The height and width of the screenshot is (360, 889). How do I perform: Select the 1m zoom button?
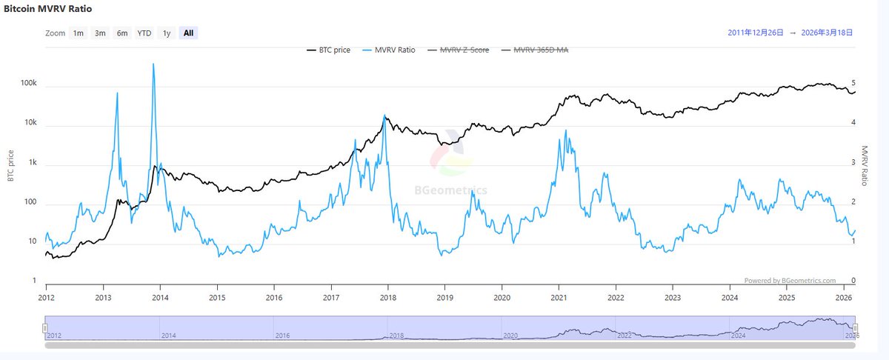[78, 33]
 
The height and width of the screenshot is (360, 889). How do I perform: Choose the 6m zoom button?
[121, 33]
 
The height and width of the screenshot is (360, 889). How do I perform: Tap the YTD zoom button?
[144, 33]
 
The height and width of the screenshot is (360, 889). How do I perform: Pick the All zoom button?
[189, 33]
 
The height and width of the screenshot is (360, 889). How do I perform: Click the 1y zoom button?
[167, 33]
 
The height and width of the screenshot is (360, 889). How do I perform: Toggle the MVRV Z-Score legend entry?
[464, 50]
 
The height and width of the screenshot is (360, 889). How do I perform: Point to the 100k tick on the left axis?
[27, 84]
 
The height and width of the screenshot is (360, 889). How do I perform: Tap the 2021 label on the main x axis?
[559, 297]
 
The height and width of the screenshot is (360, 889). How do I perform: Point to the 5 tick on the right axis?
[854, 83]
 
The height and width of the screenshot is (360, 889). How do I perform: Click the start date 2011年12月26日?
[755, 33]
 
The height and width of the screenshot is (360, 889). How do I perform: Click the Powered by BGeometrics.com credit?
[790, 281]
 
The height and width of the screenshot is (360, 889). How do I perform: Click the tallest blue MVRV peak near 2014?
[153, 64]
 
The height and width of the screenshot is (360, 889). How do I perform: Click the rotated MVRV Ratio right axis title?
[865, 164]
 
